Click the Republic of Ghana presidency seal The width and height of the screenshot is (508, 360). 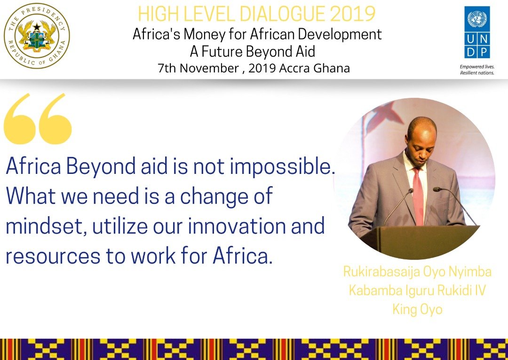tap(37, 36)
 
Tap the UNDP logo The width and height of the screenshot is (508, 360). tap(477, 32)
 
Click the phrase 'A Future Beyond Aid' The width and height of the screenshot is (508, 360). tap(252, 51)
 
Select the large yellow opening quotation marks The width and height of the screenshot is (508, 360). tap(38, 118)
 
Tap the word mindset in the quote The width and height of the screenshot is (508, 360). tap(45, 227)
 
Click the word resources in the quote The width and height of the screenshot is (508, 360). tap(51, 257)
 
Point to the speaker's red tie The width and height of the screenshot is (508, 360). tap(418, 193)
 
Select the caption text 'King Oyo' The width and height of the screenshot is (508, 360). tap(417, 310)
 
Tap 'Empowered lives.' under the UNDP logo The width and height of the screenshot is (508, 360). tap(476, 67)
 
